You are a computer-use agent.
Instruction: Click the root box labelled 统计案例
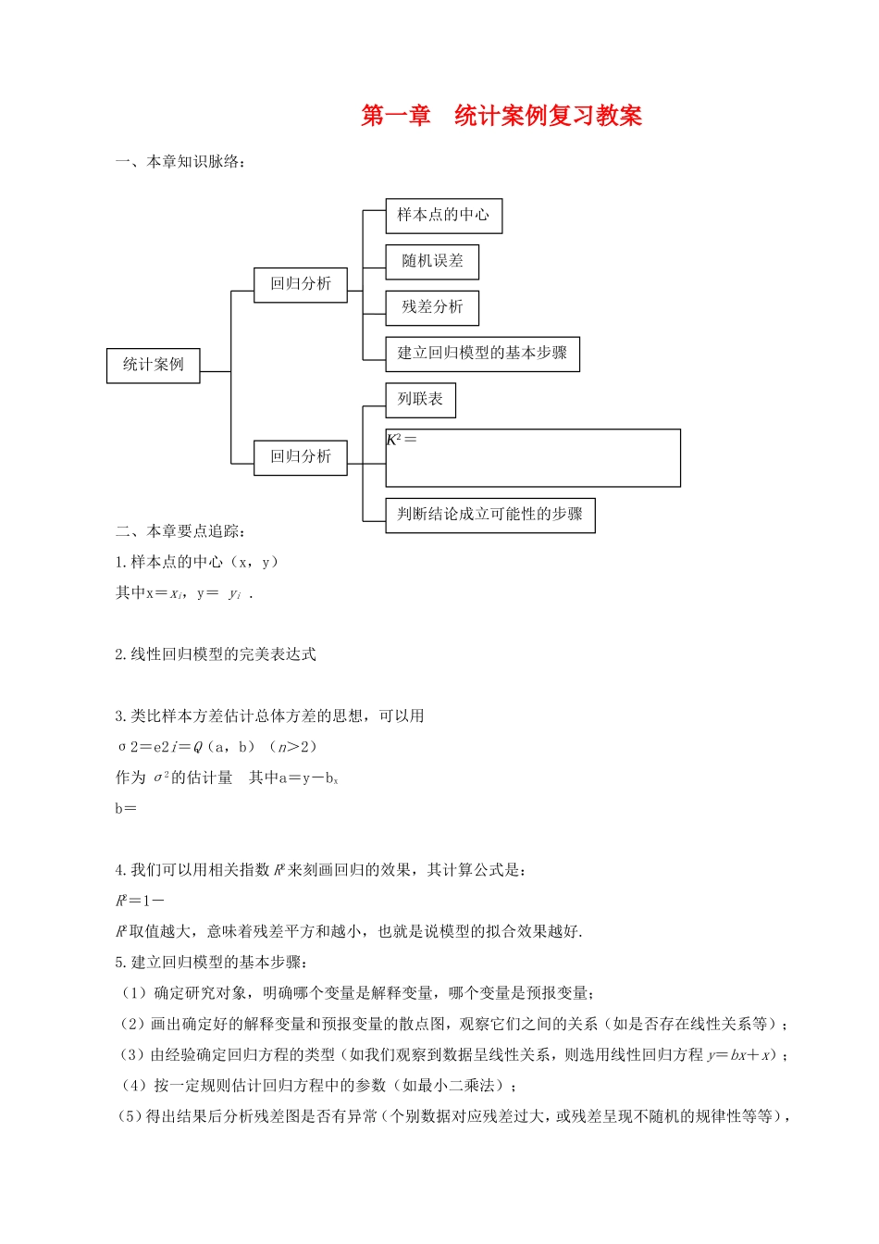pyautogui.click(x=153, y=365)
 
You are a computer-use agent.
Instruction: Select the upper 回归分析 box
pyautogui.click(x=301, y=284)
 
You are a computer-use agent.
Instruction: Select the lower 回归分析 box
pyautogui.click(x=301, y=456)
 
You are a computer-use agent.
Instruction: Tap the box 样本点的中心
pyautogui.click(x=443, y=215)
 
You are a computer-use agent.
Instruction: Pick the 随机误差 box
pyautogui.click(x=432, y=261)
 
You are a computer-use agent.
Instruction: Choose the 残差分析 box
pyautogui.click(x=432, y=307)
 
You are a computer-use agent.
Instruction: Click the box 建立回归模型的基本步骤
pyautogui.click(x=482, y=354)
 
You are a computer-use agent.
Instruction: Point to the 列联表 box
pyautogui.click(x=420, y=400)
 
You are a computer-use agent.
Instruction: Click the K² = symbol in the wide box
pyautogui.click(x=402, y=440)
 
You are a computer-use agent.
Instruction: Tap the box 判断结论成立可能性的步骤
pyautogui.click(x=489, y=515)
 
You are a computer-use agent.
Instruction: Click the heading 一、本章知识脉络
pyautogui.click(x=180, y=162)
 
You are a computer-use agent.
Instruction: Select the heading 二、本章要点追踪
pyautogui.click(x=180, y=531)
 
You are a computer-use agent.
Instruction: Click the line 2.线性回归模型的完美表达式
pyautogui.click(x=216, y=654)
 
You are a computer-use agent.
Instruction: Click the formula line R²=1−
pyautogui.click(x=140, y=901)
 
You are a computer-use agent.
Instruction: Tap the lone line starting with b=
pyautogui.click(x=126, y=808)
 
